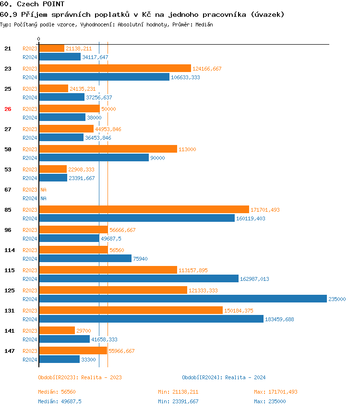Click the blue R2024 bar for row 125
[x=182, y=299]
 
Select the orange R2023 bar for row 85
[x=144, y=209]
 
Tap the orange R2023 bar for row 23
[x=115, y=68]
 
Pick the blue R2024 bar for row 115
[x=139, y=278]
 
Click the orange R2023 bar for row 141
[x=57, y=330]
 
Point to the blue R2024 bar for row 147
[x=59, y=359]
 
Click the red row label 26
[x=8, y=109]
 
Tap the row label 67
[x=8, y=190]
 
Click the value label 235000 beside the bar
[x=337, y=299]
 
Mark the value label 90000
[x=157, y=158]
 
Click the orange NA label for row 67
[x=43, y=190]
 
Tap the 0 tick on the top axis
[x=39, y=39]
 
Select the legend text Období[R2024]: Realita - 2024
[x=224, y=377]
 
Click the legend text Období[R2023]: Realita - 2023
[x=80, y=377]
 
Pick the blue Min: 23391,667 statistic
[x=178, y=401]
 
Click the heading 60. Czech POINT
[x=32, y=4]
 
